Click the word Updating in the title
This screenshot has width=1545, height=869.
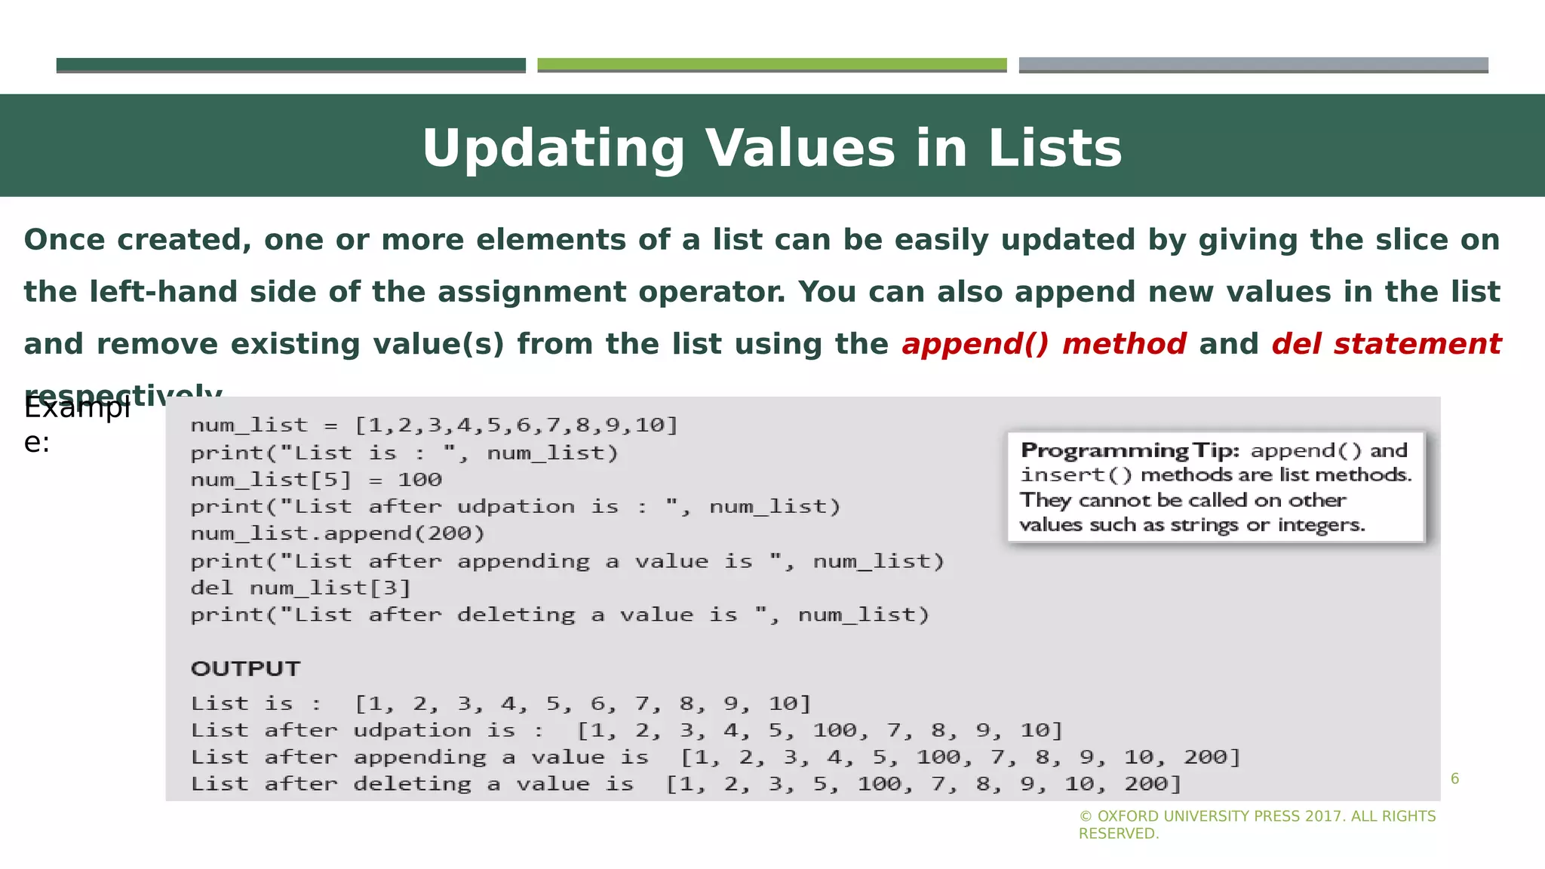pos(553,148)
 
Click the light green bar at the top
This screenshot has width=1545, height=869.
pos(772,65)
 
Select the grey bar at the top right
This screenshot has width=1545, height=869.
pos(1253,65)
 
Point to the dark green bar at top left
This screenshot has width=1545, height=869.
pos(290,65)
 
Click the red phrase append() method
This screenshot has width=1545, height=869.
pos(1044,344)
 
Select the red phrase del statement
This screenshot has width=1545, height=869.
pos(1386,344)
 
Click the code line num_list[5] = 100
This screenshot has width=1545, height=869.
pos(316,480)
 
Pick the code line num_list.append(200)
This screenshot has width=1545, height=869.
pos(337,534)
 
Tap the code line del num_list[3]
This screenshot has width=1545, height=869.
pos(300,588)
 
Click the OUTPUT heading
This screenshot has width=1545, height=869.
pos(245,669)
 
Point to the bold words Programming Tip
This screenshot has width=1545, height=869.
pos(1129,450)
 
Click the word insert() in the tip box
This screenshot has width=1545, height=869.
pos(1077,475)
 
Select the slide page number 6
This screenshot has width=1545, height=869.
pos(1454,778)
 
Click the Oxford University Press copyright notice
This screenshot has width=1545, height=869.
pos(1257,824)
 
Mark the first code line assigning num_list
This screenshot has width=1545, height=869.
pos(434,425)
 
